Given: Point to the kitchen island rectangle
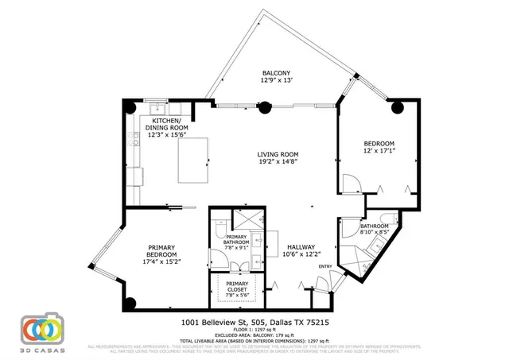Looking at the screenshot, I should pyautogui.click(x=192, y=160).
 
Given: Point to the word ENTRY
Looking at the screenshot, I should pyautogui.click(x=325, y=266).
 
